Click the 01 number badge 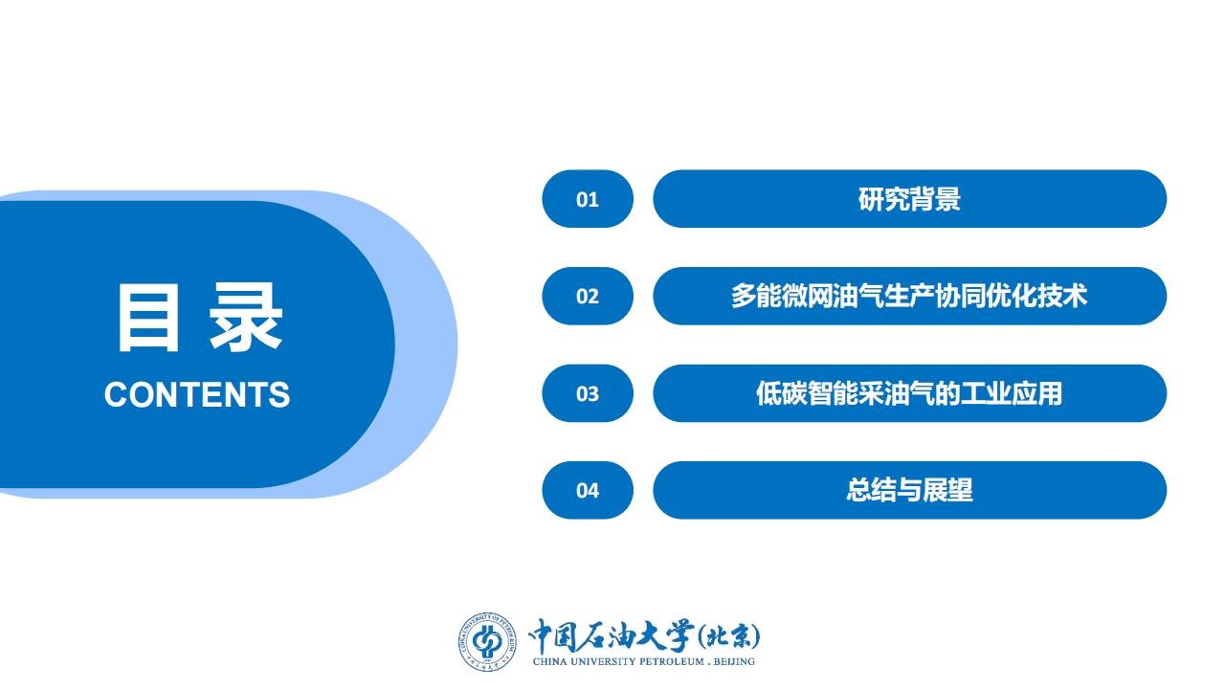point(588,198)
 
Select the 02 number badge point(588,296)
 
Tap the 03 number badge point(588,393)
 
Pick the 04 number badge point(588,490)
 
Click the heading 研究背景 point(909,198)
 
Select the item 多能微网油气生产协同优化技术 point(909,296)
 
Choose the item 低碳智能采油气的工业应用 point(909,393)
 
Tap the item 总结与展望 point(909,490)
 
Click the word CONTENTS point(197,394)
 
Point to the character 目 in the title point(148,317)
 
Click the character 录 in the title point(246,317)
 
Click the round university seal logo point(487,641)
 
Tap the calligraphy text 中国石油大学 point(612,636)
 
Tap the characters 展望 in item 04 point(947,490)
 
